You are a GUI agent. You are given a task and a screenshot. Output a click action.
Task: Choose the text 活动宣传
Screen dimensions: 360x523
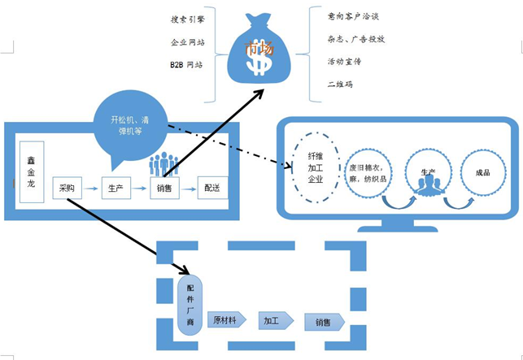345,61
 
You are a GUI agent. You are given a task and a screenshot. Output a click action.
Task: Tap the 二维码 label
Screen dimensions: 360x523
340,84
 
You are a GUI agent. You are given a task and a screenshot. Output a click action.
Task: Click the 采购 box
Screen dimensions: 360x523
67,189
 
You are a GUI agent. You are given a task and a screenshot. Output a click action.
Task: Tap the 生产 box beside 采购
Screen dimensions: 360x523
115,189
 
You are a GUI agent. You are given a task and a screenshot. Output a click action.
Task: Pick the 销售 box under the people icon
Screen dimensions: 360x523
163,189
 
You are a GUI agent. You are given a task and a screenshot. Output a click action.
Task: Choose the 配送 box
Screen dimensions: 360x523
212,189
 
